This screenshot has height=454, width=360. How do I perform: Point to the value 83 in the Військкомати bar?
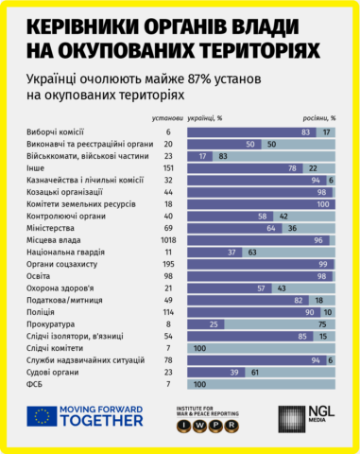222,155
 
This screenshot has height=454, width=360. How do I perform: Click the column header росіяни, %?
318,118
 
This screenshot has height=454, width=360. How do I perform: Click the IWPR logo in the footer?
216,418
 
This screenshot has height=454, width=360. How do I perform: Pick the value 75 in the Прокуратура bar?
321,324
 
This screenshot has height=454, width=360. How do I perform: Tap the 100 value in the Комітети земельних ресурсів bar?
321,203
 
